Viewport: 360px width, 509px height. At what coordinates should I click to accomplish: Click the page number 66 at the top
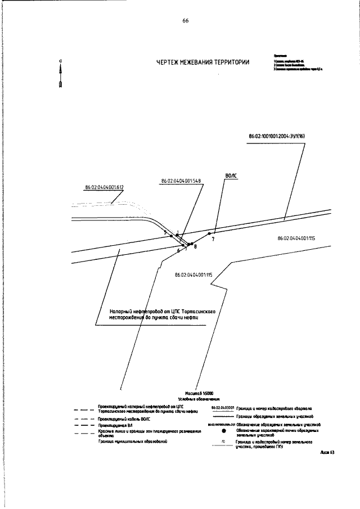pyautogui.click(x=185, y=21)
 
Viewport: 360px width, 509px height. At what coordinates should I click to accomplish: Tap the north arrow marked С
pyautogui.click(x=60, y=74)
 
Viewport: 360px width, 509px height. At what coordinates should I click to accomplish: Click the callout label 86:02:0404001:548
pyautogui.click(x=181, y=181)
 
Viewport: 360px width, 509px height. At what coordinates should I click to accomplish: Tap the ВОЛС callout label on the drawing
pyautogui.click(x=231, y=175)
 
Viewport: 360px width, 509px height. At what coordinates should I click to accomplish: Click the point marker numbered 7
pyautogui.click(x=209, y=233)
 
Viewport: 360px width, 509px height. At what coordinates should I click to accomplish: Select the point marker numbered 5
pyautogui.click(x=172, y=236)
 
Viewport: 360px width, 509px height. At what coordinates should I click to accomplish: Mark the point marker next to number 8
pyautogui.click(x=192, y=244)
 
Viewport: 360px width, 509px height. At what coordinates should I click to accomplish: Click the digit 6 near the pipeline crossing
pyautogui.click(x=178, y=250)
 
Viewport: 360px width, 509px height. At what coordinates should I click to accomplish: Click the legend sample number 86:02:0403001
pyautogui.click(x=222, y=407)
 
